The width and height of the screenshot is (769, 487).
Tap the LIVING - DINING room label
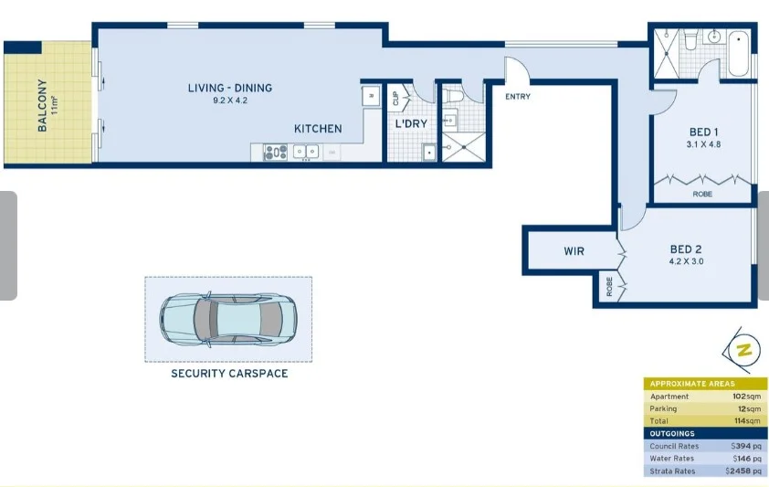coord(230,88)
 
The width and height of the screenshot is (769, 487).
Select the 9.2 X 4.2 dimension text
coord(230,101)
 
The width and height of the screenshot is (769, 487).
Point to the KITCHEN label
coord(318,129)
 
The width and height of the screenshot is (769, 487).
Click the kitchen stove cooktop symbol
coord(275,153)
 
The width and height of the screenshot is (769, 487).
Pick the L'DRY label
coord(411,124)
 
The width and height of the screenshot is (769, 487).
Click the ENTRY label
coord(517,97)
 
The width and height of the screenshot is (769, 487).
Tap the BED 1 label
coord(703,131)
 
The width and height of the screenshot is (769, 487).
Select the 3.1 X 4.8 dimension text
coord(703,144)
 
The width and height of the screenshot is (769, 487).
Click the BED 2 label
coord(686,249)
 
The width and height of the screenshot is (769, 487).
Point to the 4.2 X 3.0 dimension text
coord(686,262)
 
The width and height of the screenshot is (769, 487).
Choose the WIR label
coord(574,251)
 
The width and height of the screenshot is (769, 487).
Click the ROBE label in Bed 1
coord(702,195)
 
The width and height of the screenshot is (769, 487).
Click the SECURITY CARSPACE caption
coord(229,374)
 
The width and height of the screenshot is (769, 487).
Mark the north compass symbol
coord(745,350)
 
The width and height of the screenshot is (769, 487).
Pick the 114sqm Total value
coord(746,421)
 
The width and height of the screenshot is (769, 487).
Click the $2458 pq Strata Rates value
coord(743,471)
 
